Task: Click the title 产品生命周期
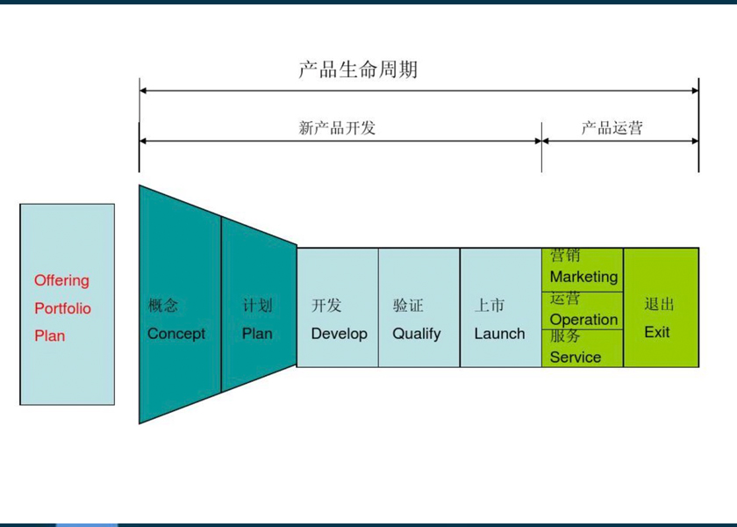tap(358, 70)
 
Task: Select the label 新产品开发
tap(337, 128)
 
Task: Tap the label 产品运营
tap(612, 128)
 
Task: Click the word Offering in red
tap(61, 281)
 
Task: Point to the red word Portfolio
tap(62, 308)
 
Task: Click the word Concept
tap(176, 334)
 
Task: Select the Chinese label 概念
tap(163, 306)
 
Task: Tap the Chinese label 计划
tap(258, 306)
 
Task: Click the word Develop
tap(339, 334)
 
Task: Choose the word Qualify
tap(417, 334)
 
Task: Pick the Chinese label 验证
tap(408, 306)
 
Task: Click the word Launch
tap(499, 334)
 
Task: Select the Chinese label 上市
tap(490, 306)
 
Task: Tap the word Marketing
tap(583, 277)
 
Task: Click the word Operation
tap(583, 320)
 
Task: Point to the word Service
tap(576, 357)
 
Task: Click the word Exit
tap(657, 332)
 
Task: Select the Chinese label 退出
tap(660, 305)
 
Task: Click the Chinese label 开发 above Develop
tap(326, 306)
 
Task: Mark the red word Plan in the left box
tap(49, 336)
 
